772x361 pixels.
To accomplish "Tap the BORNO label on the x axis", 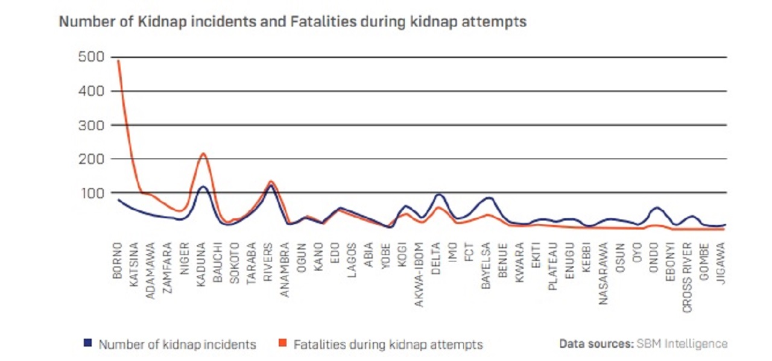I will point(118,260).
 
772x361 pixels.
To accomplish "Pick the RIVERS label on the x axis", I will point(270,260).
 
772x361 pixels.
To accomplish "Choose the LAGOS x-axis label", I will point(353,260).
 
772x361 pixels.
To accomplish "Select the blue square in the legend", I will point(87,344).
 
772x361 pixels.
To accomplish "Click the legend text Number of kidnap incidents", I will point(177,345).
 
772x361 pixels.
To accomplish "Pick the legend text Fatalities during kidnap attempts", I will point(388,345).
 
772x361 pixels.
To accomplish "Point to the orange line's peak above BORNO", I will point(118,60).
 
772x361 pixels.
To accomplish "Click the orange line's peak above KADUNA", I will point(203,153).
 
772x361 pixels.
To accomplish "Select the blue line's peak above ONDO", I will point(657,207).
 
